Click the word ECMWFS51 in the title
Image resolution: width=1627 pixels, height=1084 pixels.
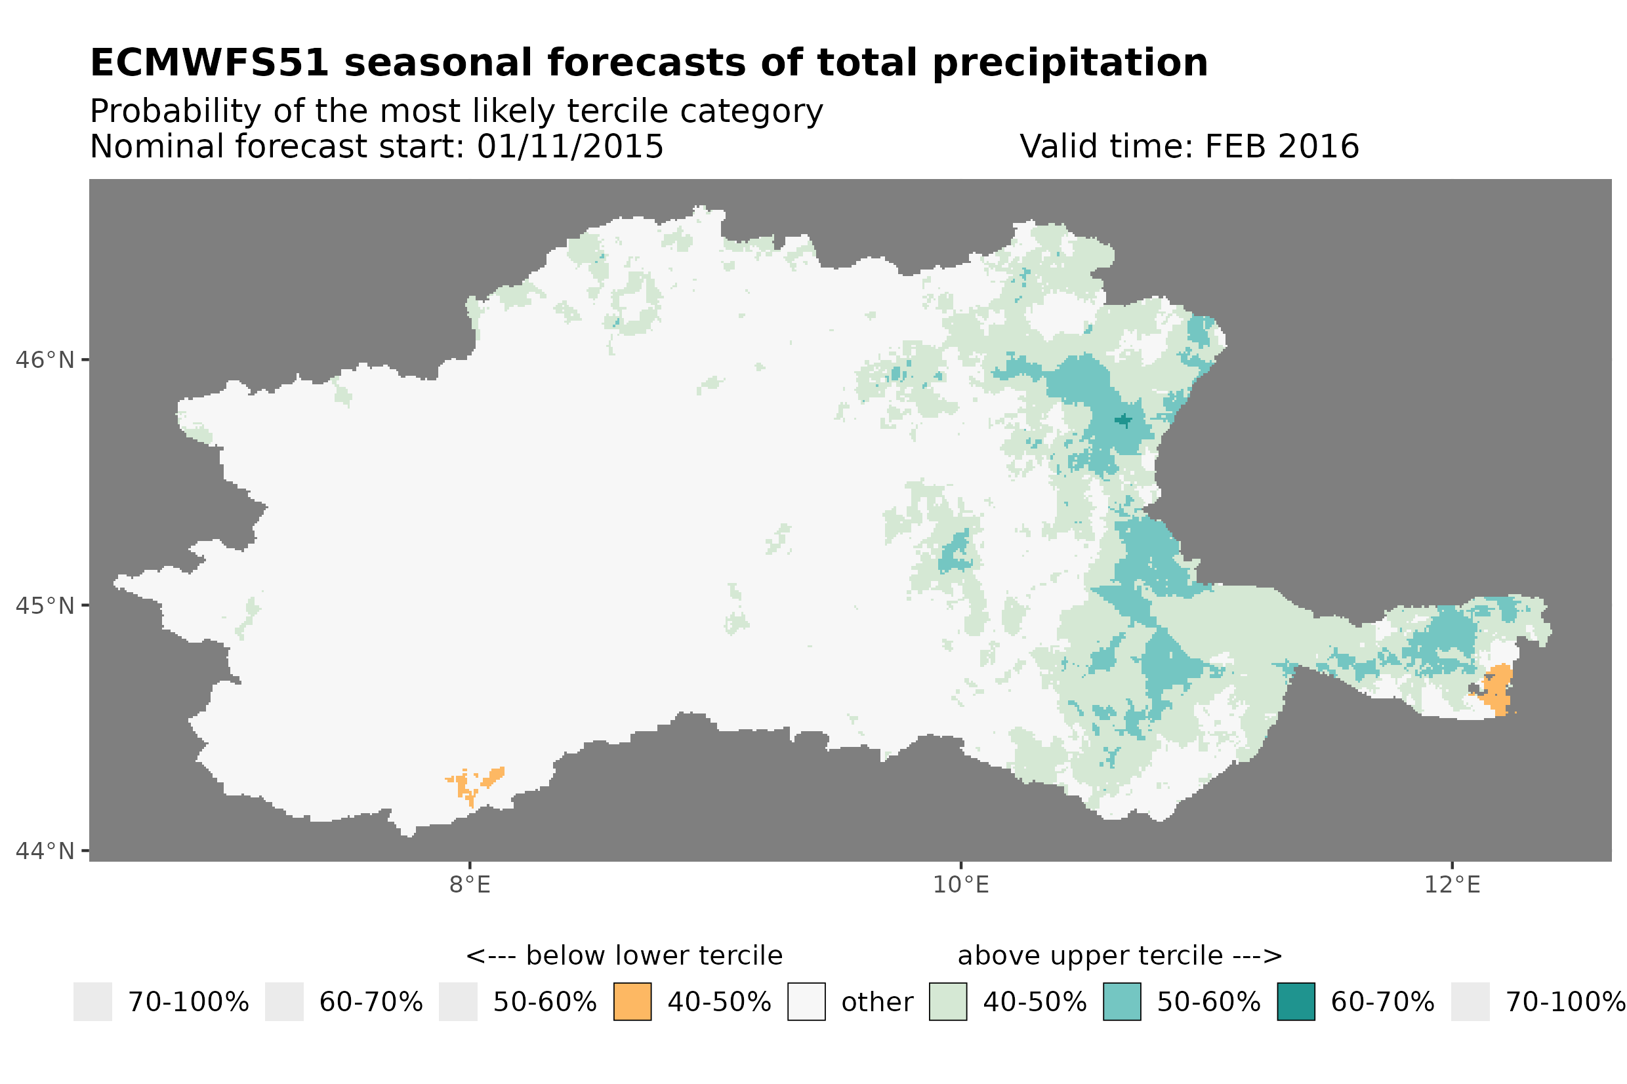click(209, 63)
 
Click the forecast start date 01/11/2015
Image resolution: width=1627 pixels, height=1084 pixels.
click(569, 146)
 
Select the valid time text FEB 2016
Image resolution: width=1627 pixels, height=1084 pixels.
click(1281, 146)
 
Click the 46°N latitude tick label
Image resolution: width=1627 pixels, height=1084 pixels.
click(45, 360)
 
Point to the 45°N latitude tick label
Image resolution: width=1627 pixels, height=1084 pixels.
click(45, 605)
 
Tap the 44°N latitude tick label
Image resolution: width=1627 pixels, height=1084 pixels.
click(45, 851)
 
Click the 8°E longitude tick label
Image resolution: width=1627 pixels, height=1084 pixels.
click(470, 885)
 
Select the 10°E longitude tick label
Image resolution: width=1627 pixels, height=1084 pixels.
click(961, 885)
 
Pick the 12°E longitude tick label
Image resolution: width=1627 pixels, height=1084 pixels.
click(1452, 885)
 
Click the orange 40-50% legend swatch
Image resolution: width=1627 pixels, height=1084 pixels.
click(632, 1002)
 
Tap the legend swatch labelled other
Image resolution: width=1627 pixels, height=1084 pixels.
click(806, 1002)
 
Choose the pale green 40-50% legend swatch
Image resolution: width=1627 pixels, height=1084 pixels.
click(948, 1002)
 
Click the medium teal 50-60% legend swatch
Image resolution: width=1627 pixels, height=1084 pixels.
click(1122, 1002)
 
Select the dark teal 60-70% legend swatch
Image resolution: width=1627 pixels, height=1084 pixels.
click(1296, 1002)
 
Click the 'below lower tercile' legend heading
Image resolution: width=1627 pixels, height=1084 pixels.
click(624, 956)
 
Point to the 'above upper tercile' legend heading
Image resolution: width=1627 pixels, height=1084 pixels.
click(1119, 956)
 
